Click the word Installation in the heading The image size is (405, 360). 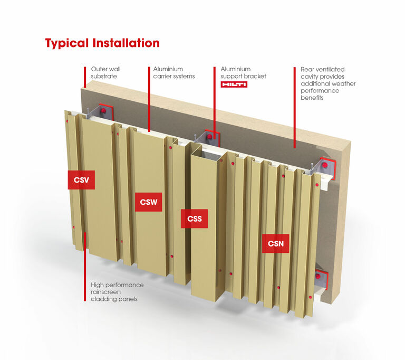click(126, 43)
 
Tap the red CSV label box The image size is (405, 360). click(81, 179)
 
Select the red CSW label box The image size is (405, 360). click(148, 202)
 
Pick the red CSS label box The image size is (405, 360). click(194, 219)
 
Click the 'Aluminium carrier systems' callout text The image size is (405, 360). click(174, 73)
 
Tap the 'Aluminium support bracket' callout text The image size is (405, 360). click(243, 73)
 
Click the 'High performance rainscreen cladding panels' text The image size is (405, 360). click(117, 292)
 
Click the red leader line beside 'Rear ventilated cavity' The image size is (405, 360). click(295, 106)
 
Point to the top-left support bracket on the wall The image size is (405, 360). click(99, 112)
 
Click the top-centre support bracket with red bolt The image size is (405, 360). click(211, 137)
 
